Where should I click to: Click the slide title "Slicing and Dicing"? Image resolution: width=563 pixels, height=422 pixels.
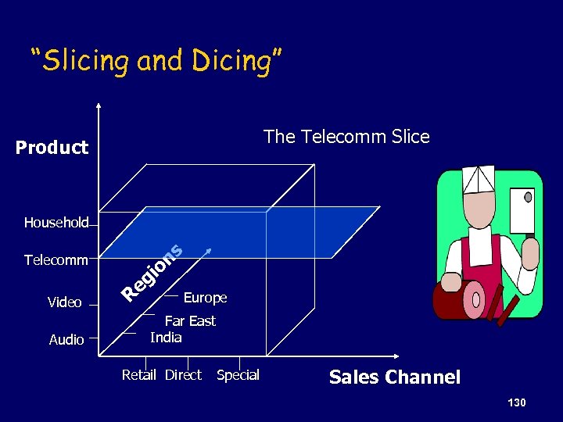point(156,61)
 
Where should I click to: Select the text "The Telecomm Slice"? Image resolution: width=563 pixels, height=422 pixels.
point(346,137)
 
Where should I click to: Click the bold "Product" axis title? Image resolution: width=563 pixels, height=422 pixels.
point(52,148)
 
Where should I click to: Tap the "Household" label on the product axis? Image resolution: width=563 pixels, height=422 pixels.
point(56,223)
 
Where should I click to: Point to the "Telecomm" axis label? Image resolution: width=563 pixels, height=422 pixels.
point(56,259)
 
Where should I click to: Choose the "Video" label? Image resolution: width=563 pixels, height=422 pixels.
point(64,302)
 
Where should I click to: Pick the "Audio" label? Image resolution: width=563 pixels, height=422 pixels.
point(66,340)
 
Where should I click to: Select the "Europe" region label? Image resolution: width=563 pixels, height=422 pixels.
point(205,298)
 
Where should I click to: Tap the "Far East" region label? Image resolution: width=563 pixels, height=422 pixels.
point(190,321)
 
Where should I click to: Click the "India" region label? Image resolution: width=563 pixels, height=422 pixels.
point(166,338)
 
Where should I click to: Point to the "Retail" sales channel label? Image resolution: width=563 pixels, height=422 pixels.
point(139,375)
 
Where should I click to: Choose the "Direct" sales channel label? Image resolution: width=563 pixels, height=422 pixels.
point(183,375)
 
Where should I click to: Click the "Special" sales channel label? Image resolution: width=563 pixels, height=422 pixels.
point(238,375)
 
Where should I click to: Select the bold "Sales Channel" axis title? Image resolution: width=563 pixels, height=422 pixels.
point(395,377)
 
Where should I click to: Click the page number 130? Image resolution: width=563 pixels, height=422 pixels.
point(516,402)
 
